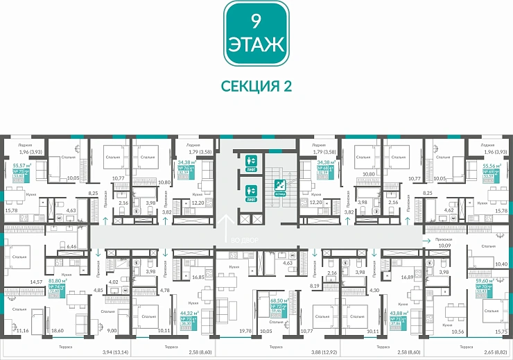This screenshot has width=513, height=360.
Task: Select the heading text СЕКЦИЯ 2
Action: coord(256,85)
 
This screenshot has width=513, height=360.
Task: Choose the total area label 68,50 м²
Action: coord(280,301)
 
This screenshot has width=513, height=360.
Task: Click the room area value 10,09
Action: coord(441,244)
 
